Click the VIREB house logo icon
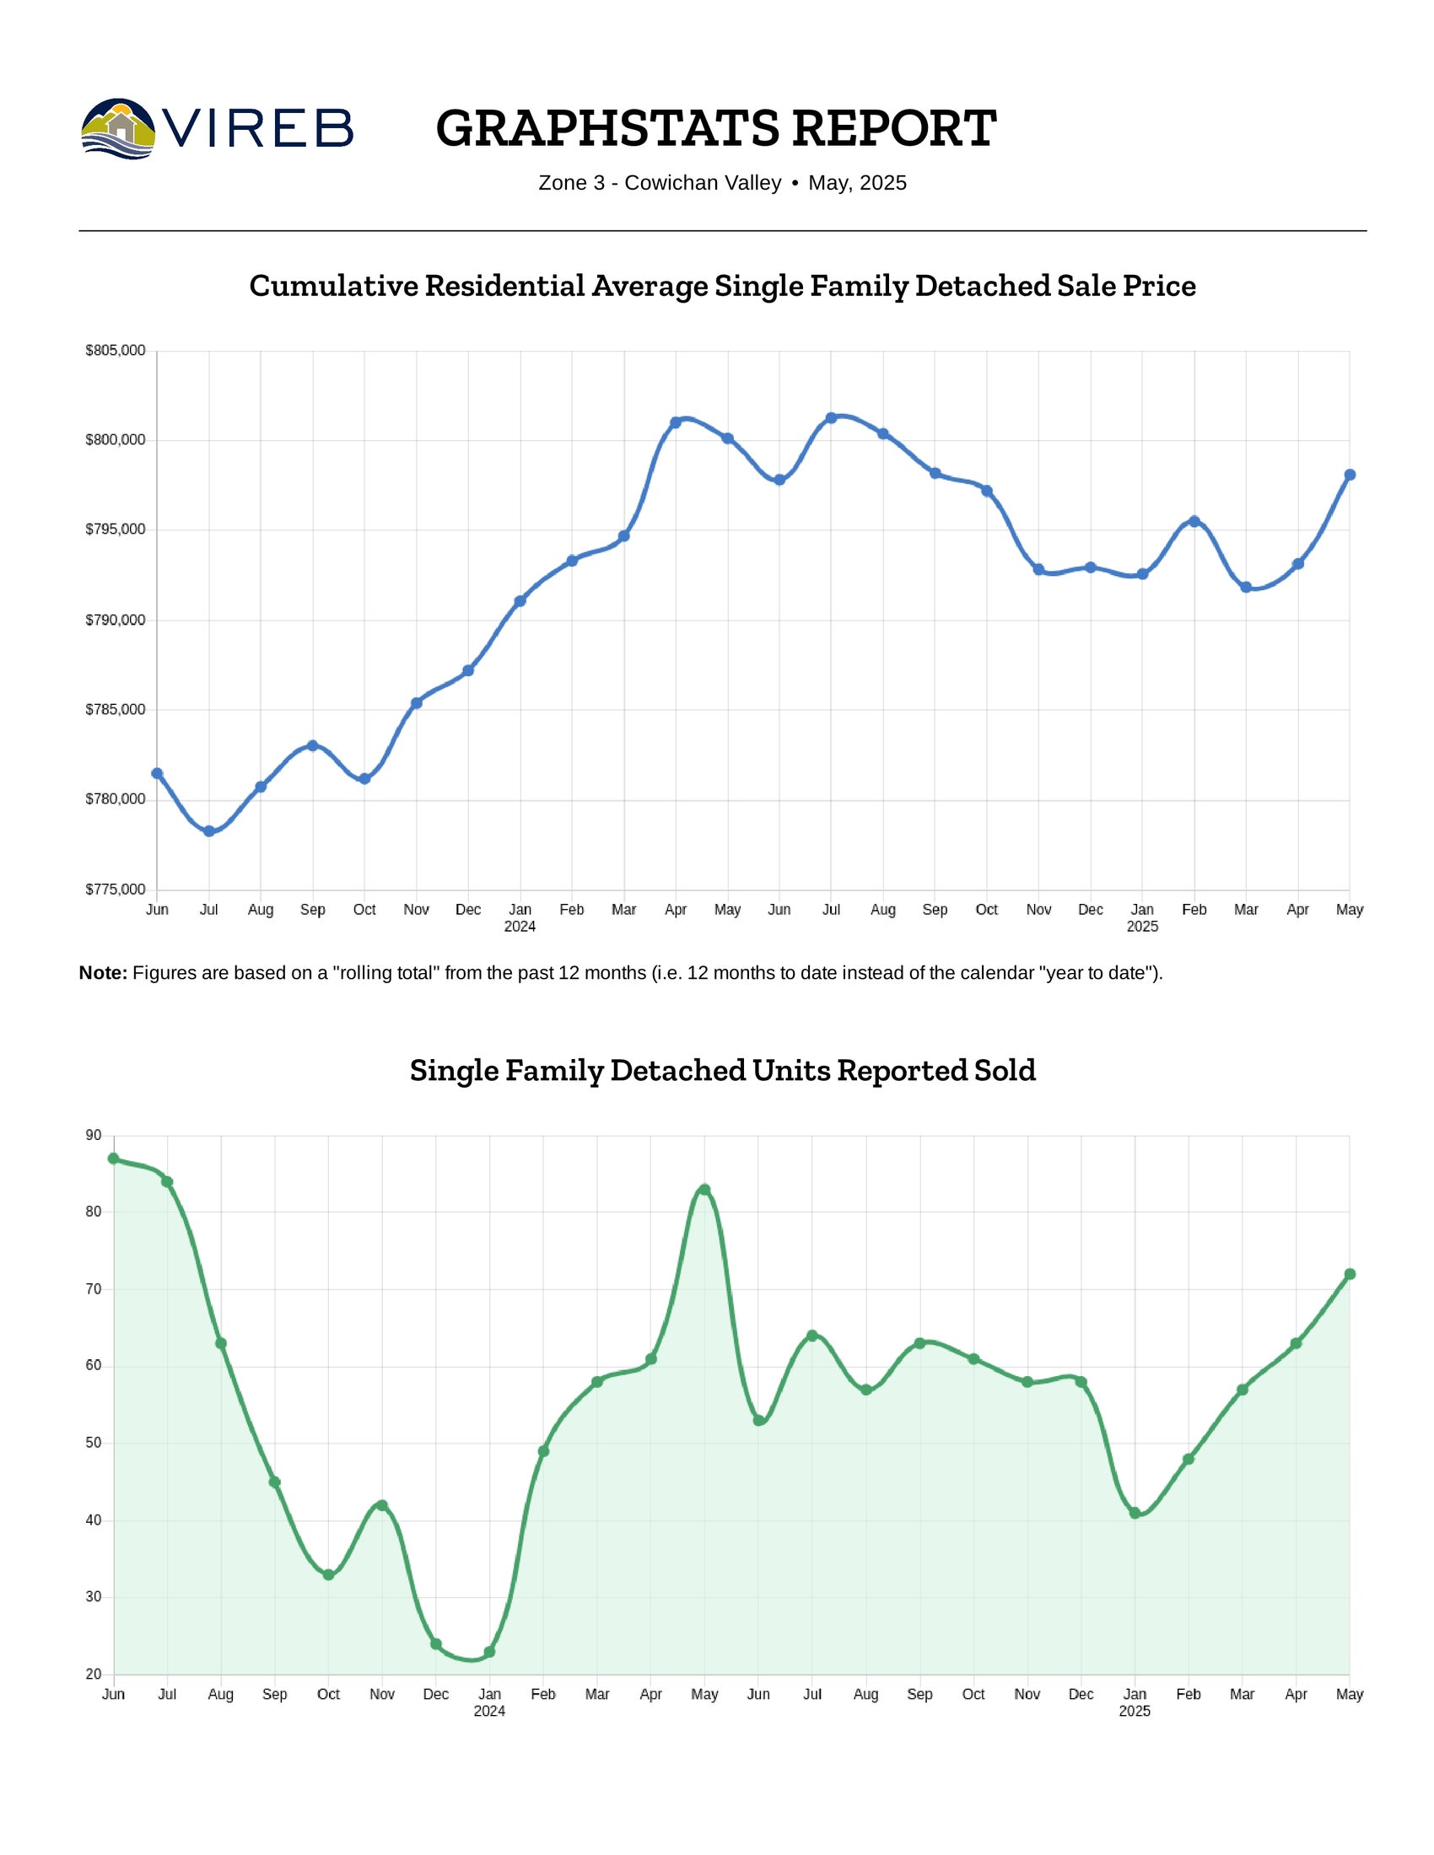click(x=118, y=128)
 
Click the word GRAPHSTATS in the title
click(x=606, y=128)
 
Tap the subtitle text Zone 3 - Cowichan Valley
click(x=660, y=184)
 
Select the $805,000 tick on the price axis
click(x=116, y=351)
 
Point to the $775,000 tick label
click(x=116, y=890)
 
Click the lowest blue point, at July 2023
click(x=209, y=831)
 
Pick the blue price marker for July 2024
click(x=831, y=418)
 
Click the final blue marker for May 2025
click(x=1350, y=475)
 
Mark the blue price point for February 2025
click(x=1194, y=521)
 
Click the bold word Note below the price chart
click(x=102, y=973)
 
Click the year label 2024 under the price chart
click(x=520, y=927)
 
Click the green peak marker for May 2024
click(x=704, y=1190)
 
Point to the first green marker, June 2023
click(x=114, y=1159)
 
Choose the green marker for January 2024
click(x=489, y=1652)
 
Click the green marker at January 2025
click(x=1135, y=1513)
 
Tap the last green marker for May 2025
click(x=1350, y=1274)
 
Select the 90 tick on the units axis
click(x=94, y=1136)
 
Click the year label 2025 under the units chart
click(x=1135, y=1712)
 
